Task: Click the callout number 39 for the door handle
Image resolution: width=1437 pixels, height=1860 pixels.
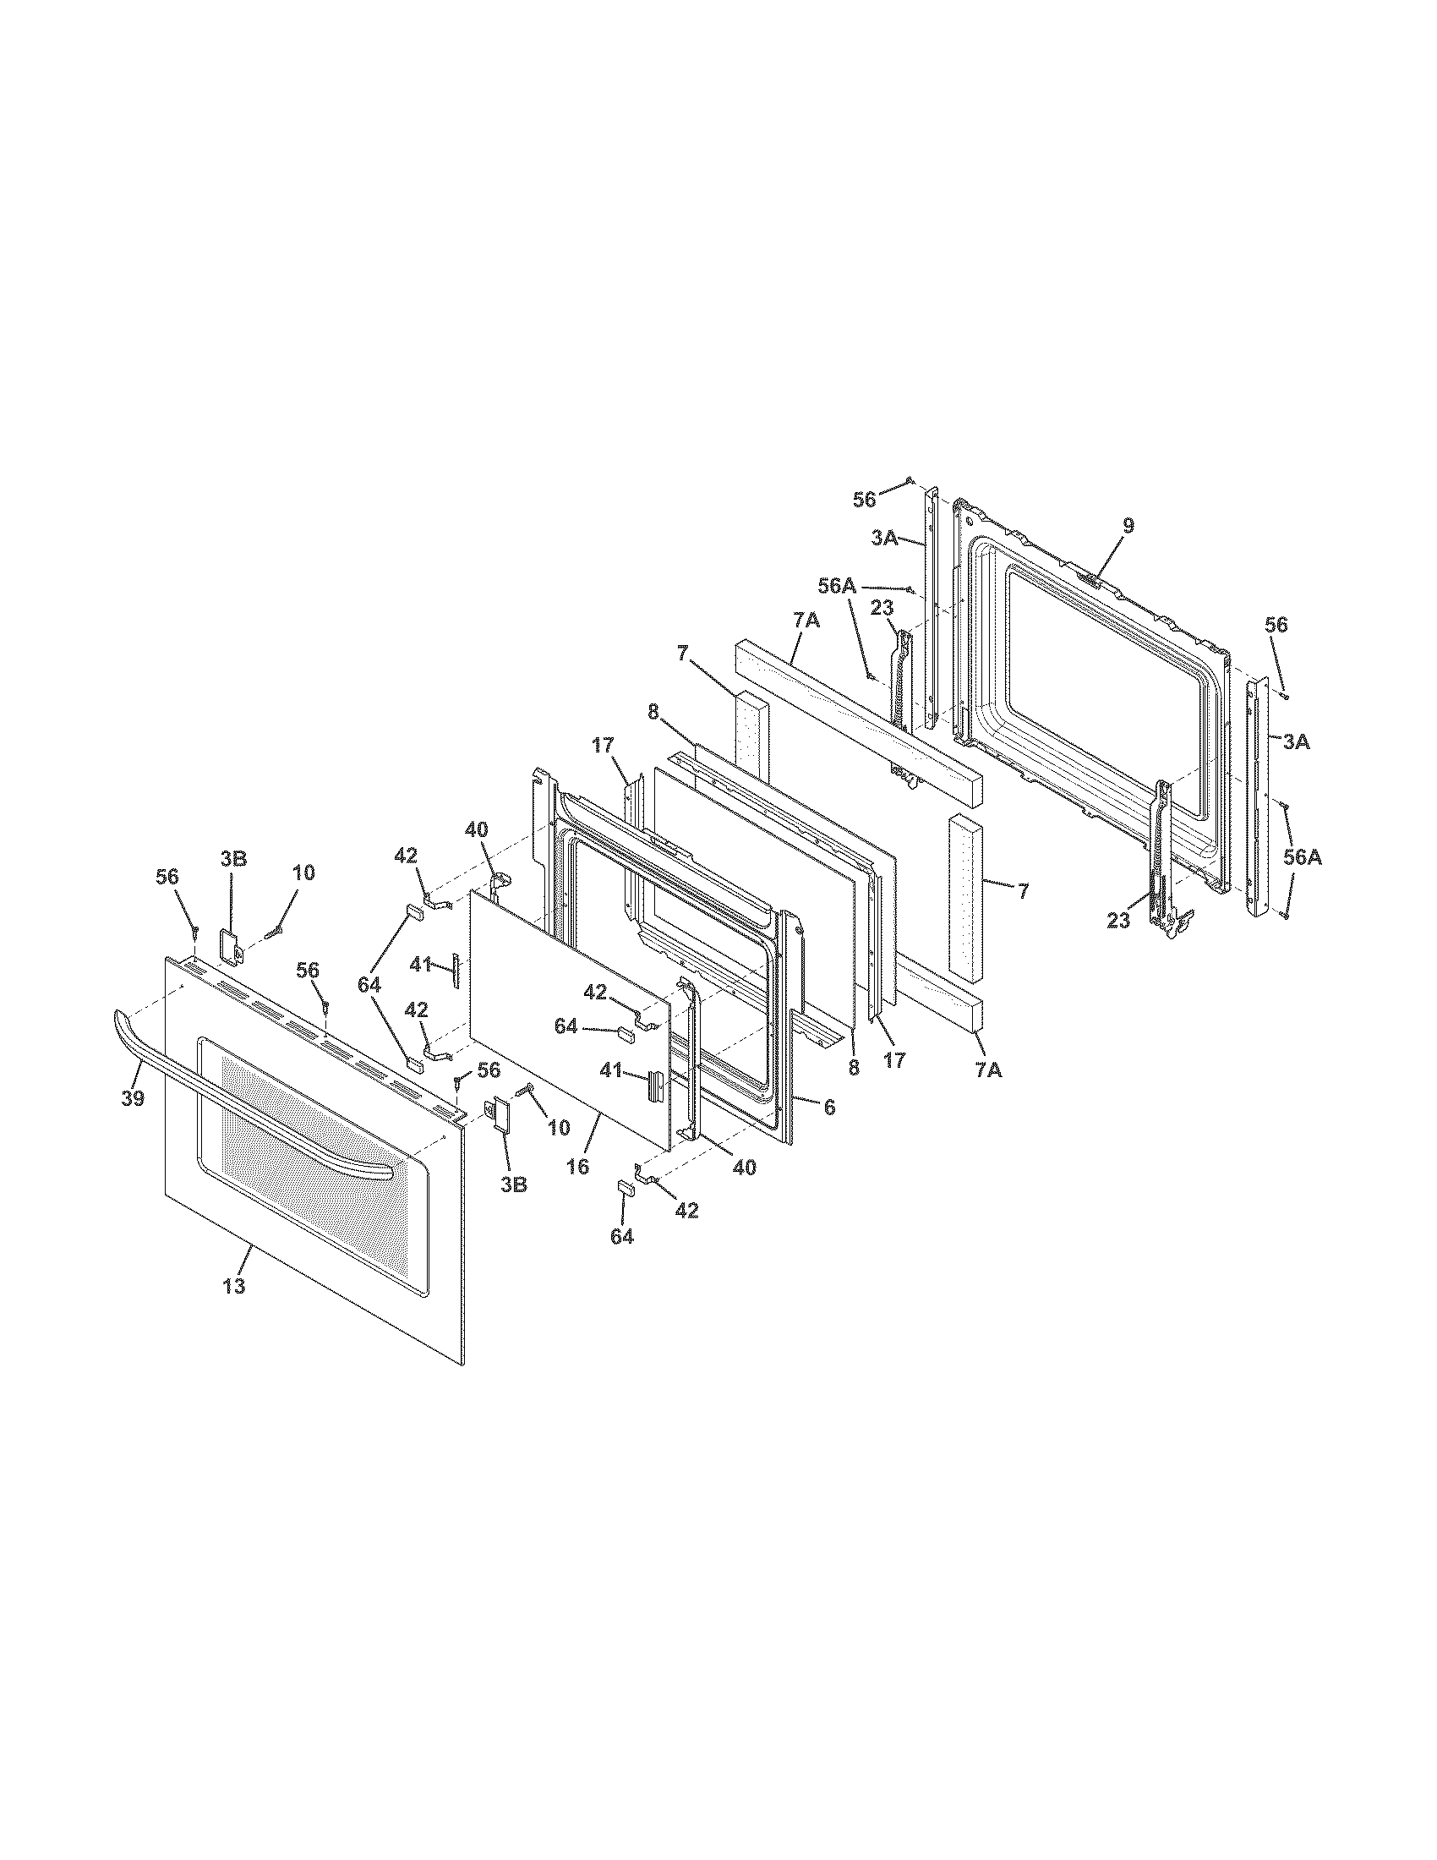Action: pos(132,1098)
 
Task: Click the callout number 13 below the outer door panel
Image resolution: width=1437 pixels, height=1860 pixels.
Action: pos(234,1285)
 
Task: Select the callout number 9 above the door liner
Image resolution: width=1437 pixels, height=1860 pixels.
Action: pos(1128,526)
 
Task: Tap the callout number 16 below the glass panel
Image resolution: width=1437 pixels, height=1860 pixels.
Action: pos(577,1166)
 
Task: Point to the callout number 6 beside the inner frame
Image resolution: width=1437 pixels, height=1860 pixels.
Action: pos(829,1108)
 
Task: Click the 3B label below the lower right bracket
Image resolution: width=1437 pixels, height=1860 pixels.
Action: pos(513,1184)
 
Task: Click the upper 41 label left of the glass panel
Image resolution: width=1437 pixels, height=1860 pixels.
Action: pos(422,965)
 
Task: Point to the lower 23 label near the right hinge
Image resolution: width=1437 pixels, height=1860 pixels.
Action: pos(1117,921)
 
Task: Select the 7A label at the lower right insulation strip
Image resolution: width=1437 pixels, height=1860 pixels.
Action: pos(988,1070)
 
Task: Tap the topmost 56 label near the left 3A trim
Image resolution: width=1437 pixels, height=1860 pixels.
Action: pos(864,500)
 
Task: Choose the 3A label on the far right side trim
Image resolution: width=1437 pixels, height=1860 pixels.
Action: pos(1296,742)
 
